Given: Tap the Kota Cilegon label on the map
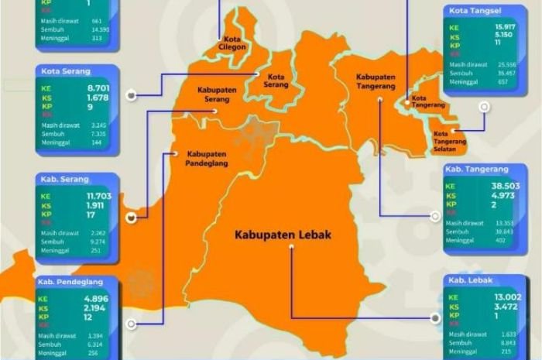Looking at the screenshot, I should click(x=232, y=43).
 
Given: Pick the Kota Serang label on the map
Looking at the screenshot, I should click(x=276, y=81).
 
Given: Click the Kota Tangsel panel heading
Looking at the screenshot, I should click(x=473, y=10).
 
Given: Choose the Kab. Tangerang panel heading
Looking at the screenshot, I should click(x=476, y=169).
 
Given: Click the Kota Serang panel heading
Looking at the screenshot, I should click(x=63, y=71).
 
